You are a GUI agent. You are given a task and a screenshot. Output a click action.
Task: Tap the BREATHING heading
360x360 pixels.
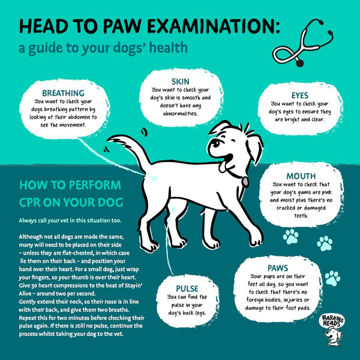click(x=63, y=93)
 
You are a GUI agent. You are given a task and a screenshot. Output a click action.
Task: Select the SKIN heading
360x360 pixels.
click(x=181, y=82)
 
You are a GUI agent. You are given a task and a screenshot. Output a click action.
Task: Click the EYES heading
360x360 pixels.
click(x=300, y=95)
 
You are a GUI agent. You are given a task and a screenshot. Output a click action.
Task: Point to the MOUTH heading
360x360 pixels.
click(x=301, y=176)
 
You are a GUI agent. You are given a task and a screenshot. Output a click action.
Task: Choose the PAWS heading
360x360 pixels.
click(x=278, y=268)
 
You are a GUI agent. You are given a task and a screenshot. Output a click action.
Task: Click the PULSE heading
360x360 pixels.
click(x=187, y=289)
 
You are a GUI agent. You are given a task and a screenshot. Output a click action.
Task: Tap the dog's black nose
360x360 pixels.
click(x=216, y=143)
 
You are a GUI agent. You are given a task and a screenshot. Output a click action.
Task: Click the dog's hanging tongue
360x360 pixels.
click(x=223, y=167)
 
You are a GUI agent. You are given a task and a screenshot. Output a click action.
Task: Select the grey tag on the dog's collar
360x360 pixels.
click(x=245, y=181)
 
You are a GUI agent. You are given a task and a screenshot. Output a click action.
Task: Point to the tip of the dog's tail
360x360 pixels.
click(x=109, y=139)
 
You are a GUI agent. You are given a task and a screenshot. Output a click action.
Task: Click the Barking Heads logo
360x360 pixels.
click(x=332, y=330)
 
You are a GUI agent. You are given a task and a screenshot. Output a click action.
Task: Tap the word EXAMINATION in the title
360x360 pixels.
click(x=214, y=26)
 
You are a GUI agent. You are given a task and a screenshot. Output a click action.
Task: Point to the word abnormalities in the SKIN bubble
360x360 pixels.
click(x=181, y=113)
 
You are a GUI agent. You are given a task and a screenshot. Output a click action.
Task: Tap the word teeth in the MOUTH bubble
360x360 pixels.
click(x=301, y=216)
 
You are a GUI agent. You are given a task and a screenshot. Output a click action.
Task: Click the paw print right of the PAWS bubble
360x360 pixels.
click(x=332, y=278)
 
